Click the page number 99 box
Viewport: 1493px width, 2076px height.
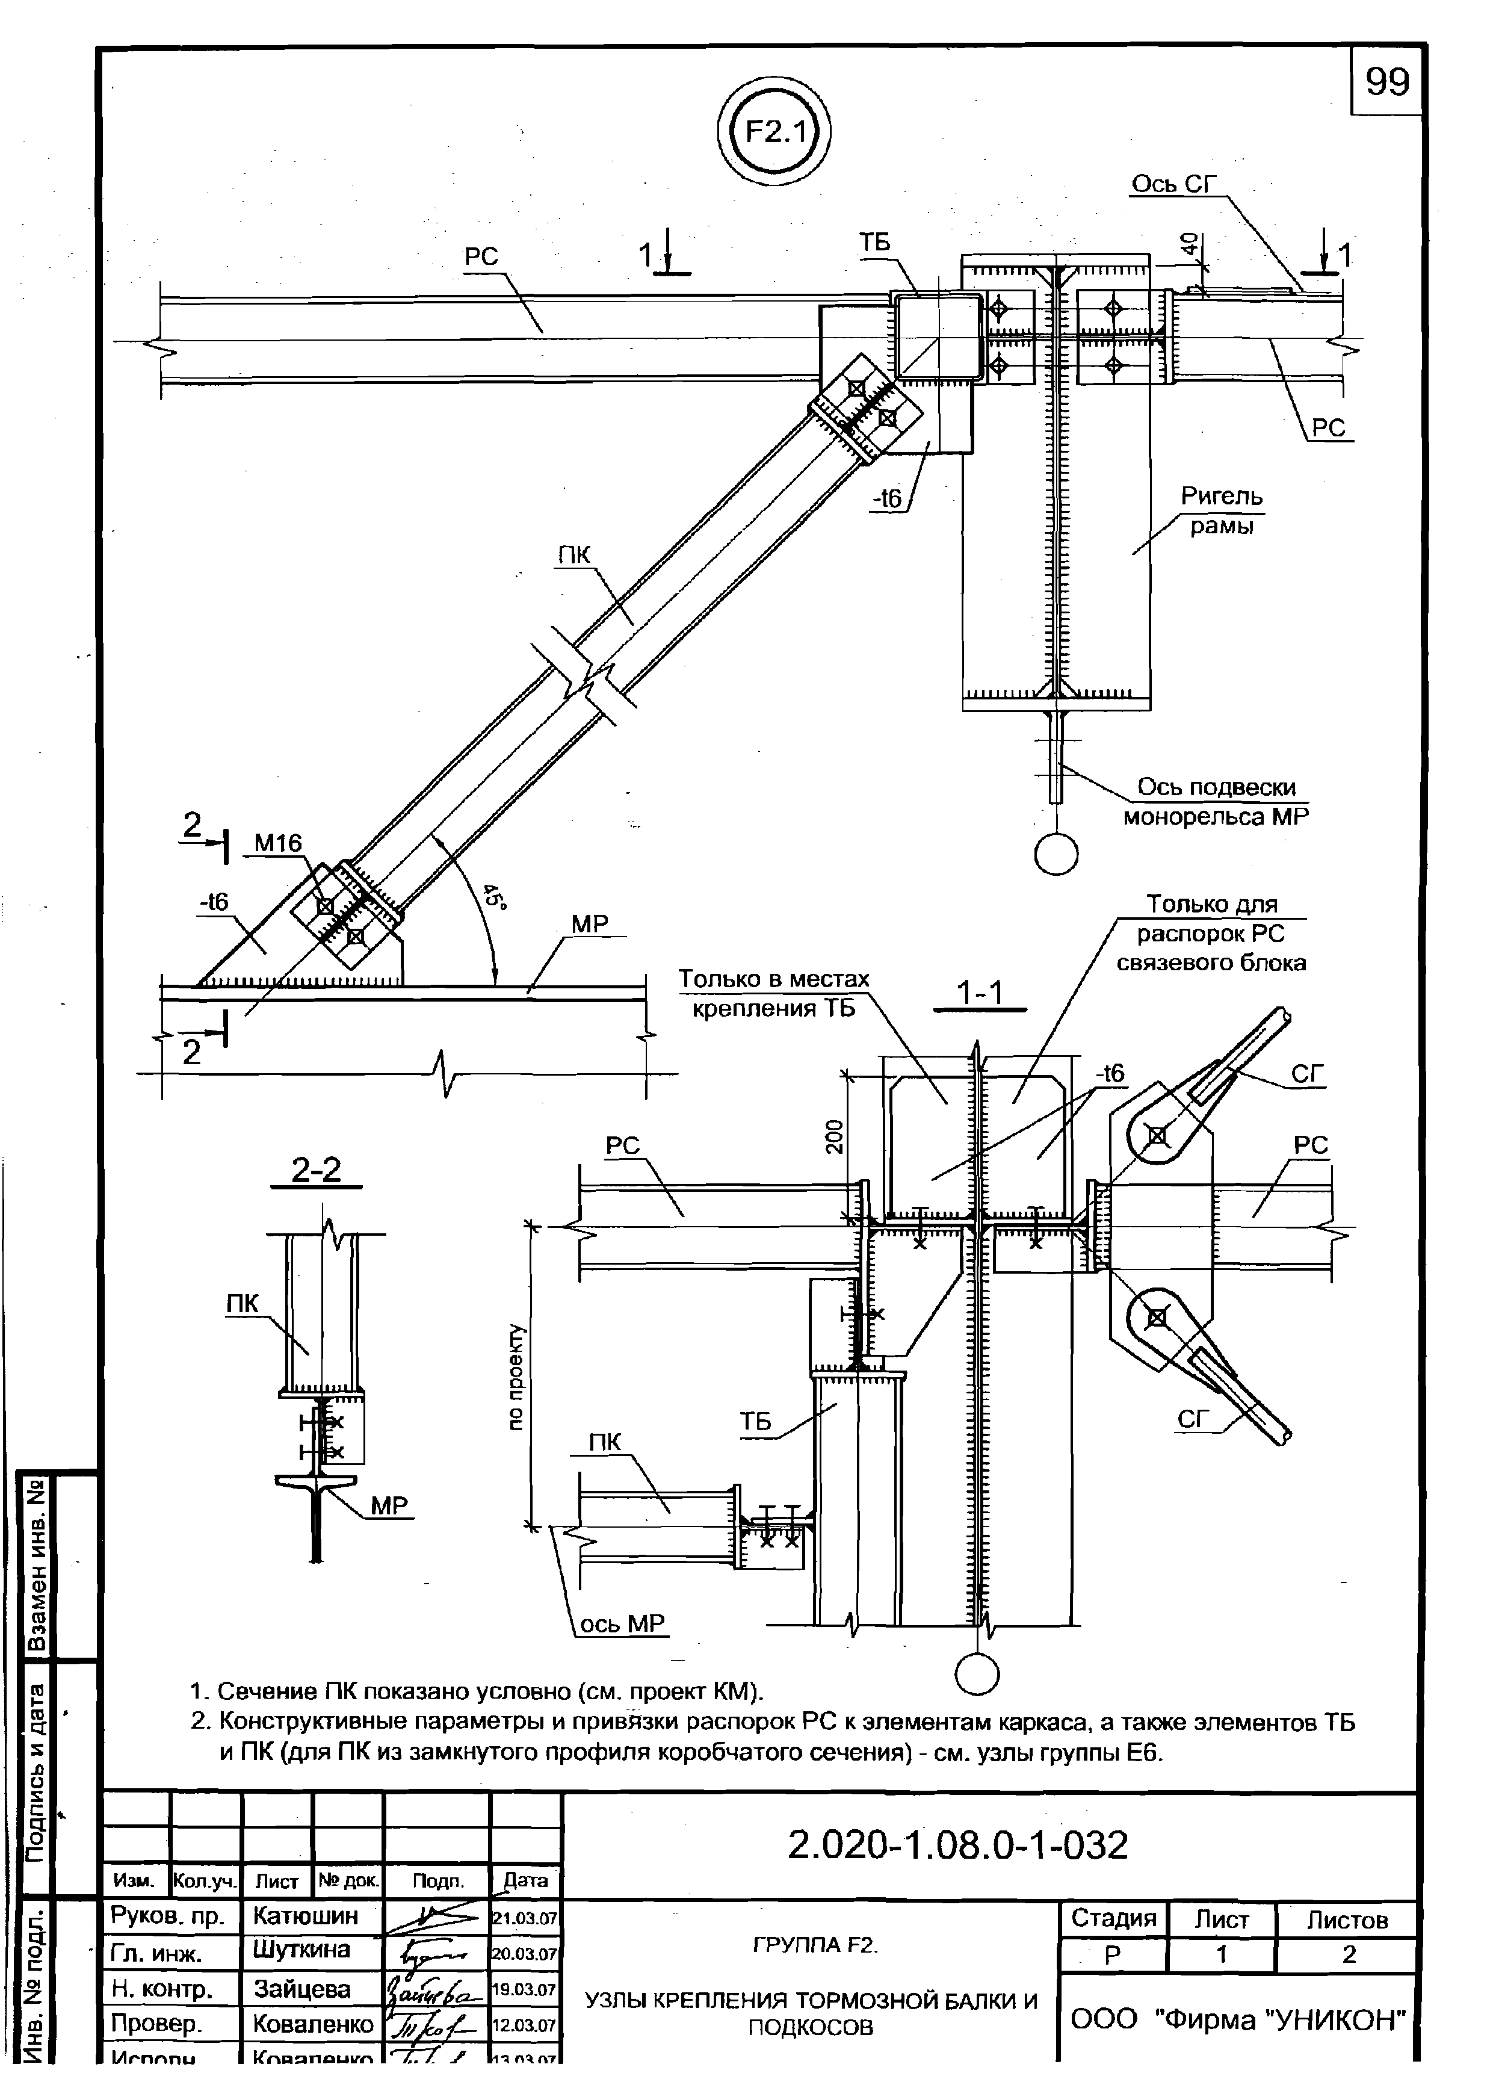coord(1387,83)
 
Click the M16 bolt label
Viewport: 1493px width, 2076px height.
coord(277,843)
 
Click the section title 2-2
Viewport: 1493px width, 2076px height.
coord(316,1170)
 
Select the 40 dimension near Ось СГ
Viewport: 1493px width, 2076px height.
coord(1188,244)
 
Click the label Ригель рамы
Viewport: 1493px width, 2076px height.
coord(1221,511)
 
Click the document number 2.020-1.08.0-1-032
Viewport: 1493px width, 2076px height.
coord(957,1846)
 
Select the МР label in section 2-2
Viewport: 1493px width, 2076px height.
coord(389,1506)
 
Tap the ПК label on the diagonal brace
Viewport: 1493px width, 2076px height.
coord(574,555)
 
